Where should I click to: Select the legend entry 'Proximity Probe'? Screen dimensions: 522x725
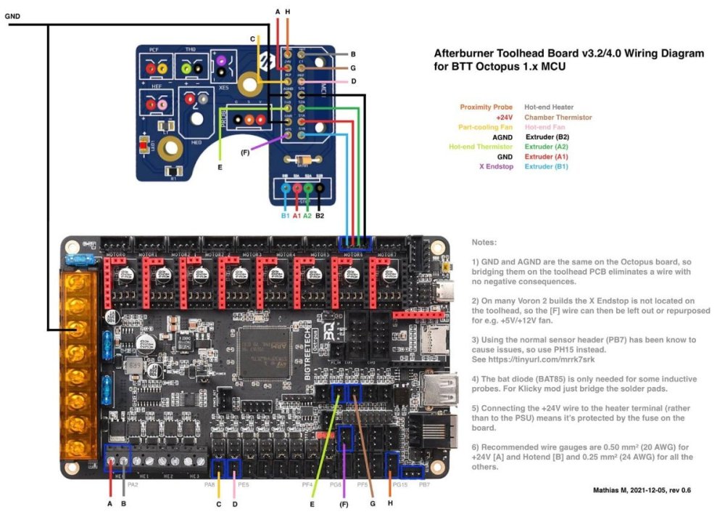(486, 107)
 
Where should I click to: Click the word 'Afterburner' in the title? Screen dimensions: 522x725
(464, 53)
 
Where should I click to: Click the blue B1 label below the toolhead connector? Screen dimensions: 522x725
(285, 216)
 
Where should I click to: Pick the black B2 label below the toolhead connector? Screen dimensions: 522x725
(319, 216)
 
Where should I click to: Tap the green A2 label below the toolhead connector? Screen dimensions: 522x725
(307, 216)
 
